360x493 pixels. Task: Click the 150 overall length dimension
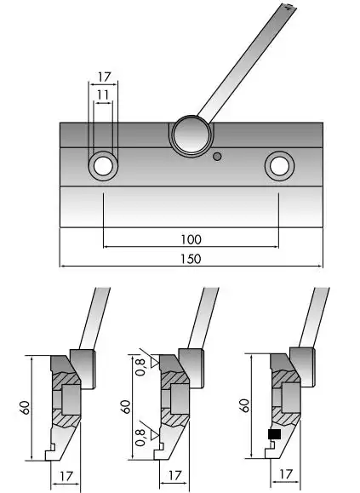(191, 259)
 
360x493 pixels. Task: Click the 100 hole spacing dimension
(191, 240)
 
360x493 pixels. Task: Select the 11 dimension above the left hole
(103, 95)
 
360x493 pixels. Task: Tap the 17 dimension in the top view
(104, 77)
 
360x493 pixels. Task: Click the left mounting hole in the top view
(103, 166)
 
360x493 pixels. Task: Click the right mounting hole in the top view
(279, 166)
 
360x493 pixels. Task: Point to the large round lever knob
(191, 135)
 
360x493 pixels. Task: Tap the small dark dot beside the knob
(217, 157)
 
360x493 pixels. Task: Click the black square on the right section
(275, 434)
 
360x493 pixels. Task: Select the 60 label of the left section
(26, 408)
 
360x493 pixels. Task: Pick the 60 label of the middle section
(125, 407)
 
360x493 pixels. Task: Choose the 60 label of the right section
(244, 405)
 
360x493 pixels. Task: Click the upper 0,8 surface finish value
(141, 367)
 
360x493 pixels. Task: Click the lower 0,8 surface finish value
(141, 438)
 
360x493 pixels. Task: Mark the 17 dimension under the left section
(66, 476)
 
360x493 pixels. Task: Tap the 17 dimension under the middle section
(175, 475)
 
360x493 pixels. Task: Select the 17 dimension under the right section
(286, 474)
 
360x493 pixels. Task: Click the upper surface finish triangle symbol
(155, 363)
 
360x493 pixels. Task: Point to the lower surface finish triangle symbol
(155, 435)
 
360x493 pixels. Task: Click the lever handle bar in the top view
(247, 63)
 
